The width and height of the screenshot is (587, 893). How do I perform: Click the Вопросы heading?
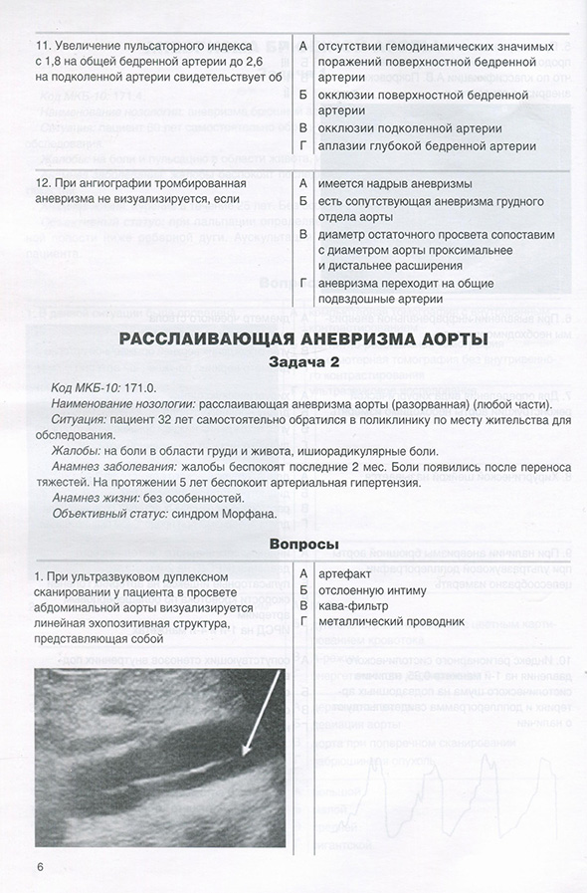coord(302,543)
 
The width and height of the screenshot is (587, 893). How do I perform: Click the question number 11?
coord(42,47)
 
